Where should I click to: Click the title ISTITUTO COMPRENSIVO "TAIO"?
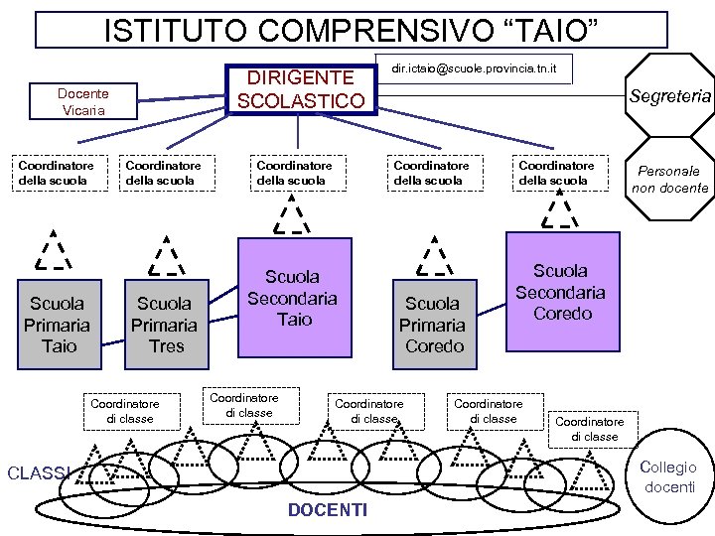(352, 28)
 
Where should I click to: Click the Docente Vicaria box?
(83, 101)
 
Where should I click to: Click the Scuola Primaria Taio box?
(58, 325)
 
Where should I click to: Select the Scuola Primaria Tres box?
(166, 325)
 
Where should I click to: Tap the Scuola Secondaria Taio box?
(293, 298)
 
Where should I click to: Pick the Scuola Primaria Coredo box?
(433, 325)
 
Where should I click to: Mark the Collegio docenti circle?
(670, 477)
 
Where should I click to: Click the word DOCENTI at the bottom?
(327, 510)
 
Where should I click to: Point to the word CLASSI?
(37, 473)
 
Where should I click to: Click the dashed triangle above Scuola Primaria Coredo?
(433, 255)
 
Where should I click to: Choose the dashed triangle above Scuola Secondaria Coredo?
(560, 208)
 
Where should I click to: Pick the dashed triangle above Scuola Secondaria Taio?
(292, 214)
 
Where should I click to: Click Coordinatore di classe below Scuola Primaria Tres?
(124, 411)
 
